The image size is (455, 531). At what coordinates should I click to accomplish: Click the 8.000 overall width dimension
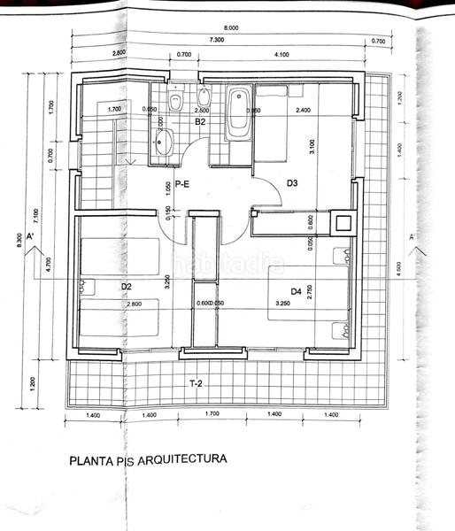pyautogui.click(x=232, y=29)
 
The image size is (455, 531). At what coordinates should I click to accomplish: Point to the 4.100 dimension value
pyautogui.click(x=283, y=55)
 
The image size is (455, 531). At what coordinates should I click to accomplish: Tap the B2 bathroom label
pyautogui.click(x=201, y=122)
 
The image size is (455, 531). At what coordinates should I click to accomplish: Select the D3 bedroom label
pyautogui.click(x=292, y=183)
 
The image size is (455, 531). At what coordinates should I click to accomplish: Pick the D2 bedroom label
pyautogui.click(x=126, y=287)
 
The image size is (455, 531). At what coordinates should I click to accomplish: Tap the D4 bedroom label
pyautogui.click(x=297, y=290)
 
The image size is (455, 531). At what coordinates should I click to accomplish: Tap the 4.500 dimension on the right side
pyautogui.click(x=398, y=269)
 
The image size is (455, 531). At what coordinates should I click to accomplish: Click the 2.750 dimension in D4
pyautogui.click(x=310, y=292)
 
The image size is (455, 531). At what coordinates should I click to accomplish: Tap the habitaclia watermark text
pyautogui.click(x=228, y=264)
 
